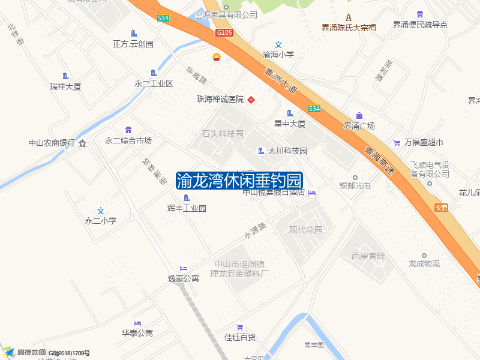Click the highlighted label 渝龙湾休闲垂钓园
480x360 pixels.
239,181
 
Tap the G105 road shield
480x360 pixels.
224,32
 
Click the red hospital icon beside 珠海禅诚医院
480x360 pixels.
251,99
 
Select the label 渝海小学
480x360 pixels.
278,55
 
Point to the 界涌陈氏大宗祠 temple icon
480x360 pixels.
349,17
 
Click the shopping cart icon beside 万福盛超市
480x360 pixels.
397,143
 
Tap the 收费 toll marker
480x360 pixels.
441,207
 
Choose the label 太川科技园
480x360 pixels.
287,151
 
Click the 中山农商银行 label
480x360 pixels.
52,143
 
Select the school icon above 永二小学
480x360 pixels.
101,211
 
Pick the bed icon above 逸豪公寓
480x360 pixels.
184,268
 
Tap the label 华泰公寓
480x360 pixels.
137,333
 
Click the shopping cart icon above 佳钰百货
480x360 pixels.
239,327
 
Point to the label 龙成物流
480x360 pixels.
424,263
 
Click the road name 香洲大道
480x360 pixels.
281,80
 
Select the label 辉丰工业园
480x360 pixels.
187,209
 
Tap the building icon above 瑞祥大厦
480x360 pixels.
65,76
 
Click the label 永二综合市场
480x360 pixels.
128,141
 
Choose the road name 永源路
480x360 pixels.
254,229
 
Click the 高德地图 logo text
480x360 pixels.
31,353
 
